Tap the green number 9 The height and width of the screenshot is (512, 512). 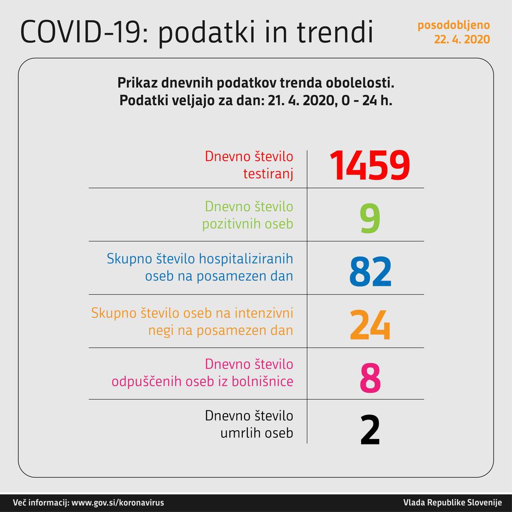369,218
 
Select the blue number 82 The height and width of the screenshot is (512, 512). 370,272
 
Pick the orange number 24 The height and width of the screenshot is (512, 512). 370,325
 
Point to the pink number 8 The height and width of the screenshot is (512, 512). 370,379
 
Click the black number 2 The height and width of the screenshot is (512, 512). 370,431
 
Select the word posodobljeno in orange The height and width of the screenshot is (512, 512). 454,25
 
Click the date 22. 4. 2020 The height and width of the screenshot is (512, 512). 462,39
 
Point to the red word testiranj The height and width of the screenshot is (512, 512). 268,174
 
